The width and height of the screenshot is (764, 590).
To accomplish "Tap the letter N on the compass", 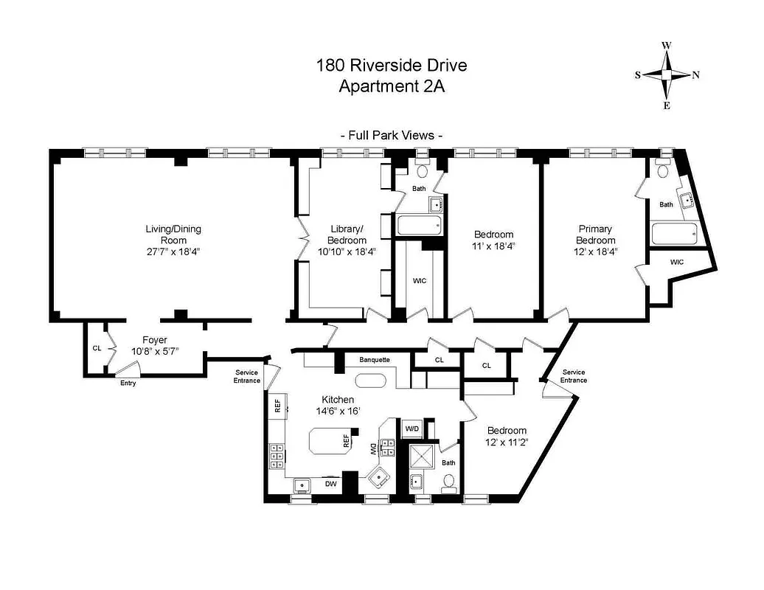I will click(696, 75).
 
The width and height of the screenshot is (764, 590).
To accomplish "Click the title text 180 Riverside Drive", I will click(392, 65).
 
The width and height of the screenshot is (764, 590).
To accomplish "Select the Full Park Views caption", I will click(392, 135).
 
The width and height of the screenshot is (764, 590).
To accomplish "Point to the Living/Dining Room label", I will click(173, 235).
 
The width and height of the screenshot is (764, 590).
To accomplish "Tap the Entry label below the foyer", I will click(128, 383).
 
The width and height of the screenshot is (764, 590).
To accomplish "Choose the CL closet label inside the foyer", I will click(97, 348).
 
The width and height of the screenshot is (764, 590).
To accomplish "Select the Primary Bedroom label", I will click(595, 235).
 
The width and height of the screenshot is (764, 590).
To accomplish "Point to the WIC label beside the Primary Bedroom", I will click(676, 262).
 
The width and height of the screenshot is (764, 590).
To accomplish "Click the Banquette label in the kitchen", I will click(375, 360).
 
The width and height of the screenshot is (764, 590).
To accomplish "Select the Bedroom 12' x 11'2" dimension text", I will click(507, 442).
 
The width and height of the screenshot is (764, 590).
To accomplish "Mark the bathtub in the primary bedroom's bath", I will click(674, 235).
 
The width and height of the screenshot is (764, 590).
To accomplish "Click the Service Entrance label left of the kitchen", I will click(247, 376).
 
